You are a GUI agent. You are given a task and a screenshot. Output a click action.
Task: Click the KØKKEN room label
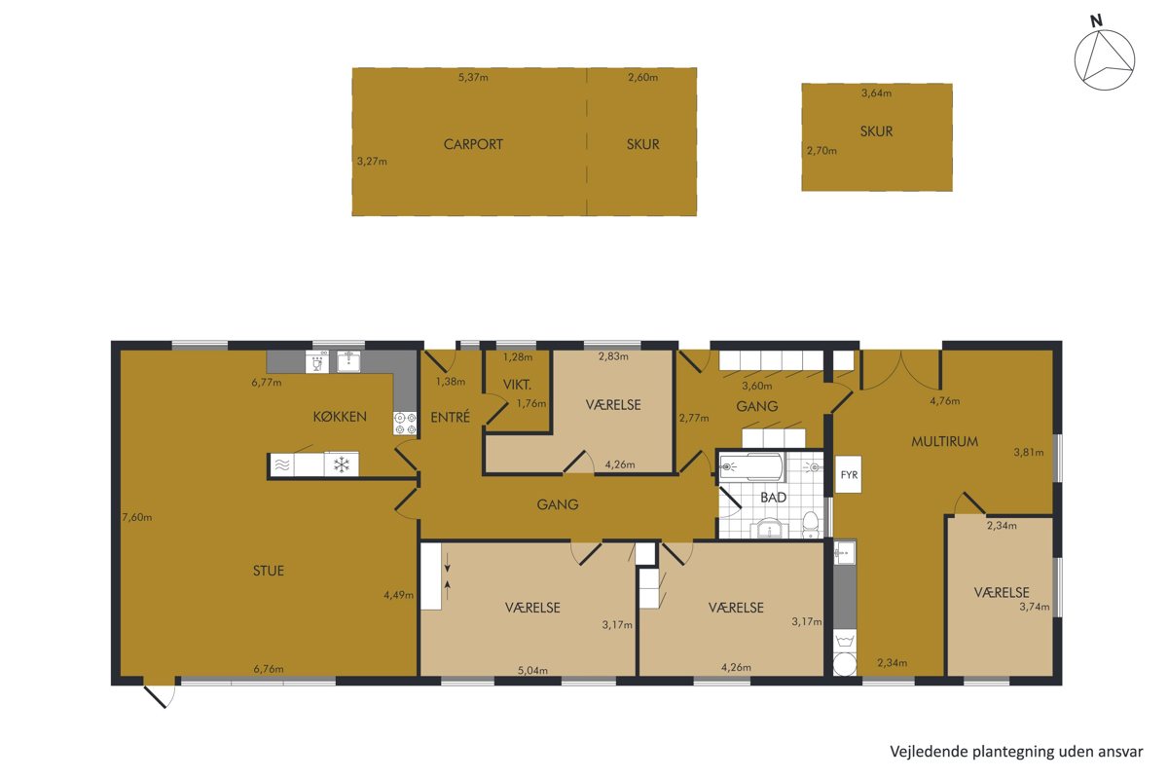click(x=340, y=417)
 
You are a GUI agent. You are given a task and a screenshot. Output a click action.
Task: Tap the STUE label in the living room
click(x=269, y=571)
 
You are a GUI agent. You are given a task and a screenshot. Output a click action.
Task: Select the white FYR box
click(x=849, y=474)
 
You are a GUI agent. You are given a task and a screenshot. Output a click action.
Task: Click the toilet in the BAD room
click(x=810, y=525)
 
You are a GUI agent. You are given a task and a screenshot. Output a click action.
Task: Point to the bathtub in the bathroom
click(x=751, y=466)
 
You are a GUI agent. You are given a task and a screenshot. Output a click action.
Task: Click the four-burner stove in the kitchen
click(x=405, y=424)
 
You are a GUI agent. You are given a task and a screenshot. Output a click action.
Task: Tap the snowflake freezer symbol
click(x=342, y=464)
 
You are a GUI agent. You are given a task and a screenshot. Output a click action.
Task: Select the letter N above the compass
click(x=1097, y=20)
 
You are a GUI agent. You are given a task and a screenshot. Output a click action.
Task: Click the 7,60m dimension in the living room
click(x=136, y=518)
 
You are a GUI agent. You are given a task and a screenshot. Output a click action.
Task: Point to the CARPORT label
click(x=473, y=144)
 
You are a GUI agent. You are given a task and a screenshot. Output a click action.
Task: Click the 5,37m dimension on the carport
click(x=473, y=78)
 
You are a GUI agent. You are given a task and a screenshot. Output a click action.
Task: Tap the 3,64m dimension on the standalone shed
click(x=876, y=93)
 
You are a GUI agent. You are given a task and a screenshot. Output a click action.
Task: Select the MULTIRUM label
click(x=944, y=441)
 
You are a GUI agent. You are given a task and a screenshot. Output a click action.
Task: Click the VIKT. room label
click(x=517, y=385)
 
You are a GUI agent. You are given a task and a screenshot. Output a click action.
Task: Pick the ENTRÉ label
click(x=450, y=417)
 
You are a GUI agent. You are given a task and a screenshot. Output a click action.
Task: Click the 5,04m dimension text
click(x=532, y=671)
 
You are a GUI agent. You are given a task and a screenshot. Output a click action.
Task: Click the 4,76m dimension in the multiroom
click(x=944, y=401)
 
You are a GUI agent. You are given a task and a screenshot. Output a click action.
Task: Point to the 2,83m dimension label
click(x=613, y=357)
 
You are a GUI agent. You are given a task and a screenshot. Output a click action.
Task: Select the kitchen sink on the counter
click(x=347, y=361)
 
